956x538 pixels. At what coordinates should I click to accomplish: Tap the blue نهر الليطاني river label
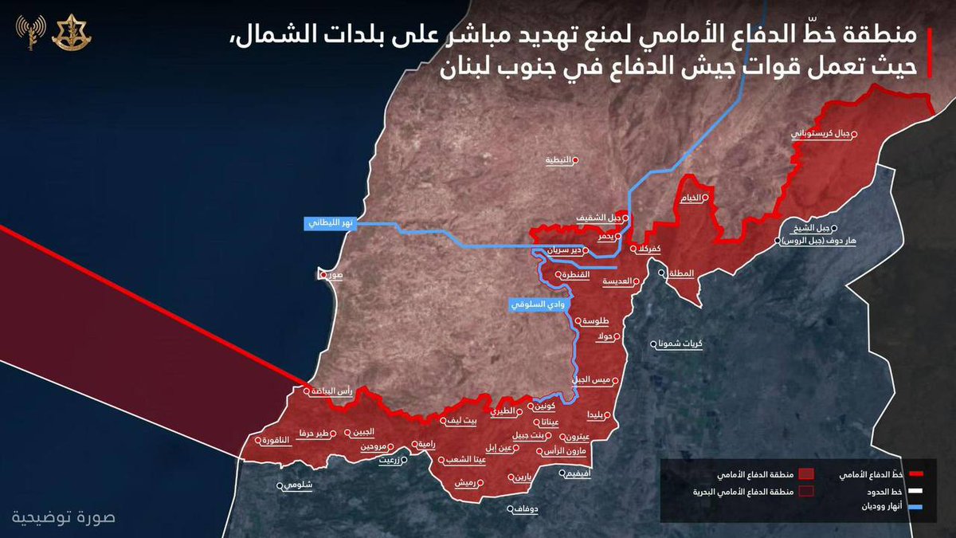click(329, 224)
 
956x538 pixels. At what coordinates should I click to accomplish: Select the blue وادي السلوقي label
click(538, 304)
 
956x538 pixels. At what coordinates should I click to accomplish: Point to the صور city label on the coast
click(332, 276)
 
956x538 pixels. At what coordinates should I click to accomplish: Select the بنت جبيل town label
click(530, 435)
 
